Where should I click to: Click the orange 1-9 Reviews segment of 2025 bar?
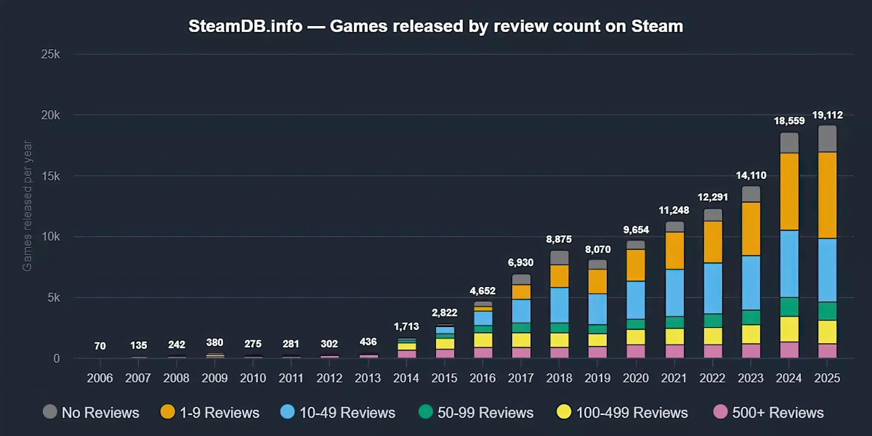[x=827, y=195]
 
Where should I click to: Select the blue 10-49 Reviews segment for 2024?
[x=789, y=264]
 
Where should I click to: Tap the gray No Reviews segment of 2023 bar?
[x=751, y=194]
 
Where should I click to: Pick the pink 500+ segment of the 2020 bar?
[x=636, y=351]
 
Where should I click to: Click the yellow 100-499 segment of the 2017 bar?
[x=521, y=340]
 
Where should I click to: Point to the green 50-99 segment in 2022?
[x=713, y=320]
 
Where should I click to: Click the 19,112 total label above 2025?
[x=827, y=115]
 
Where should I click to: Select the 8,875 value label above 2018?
[x=559, y=239]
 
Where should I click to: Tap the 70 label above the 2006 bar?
[x=100, y=346]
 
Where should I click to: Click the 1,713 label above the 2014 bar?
[x=406, y=327]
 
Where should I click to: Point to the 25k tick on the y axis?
[x=50, y=54]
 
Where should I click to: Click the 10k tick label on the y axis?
[x=50, y=237]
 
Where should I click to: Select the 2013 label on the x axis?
[x=367, y=378]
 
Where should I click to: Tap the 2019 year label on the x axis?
[x=597, y=378]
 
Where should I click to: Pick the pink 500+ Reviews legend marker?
[x=720, y=412]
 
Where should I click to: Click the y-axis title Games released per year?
[x=27, y=206]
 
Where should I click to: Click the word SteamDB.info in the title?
[x=245, y=26]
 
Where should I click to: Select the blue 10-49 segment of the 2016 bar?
[x=483, y=318]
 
